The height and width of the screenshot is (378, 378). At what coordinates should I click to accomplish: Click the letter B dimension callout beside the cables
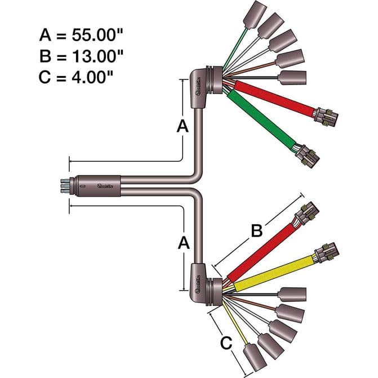pos(256,230)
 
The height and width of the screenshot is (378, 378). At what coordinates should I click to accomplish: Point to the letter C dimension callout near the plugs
pos(225,341)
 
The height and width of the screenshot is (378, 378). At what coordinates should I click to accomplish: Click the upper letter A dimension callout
pos(182,127)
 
